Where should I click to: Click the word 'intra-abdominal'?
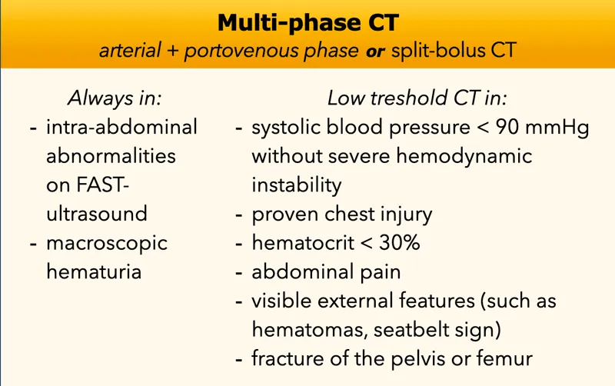pyautogui.click(x=121, y=128)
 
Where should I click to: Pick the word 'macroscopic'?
pyautogui.click(x=106, y=244)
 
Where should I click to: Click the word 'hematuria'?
pyautogui.click(x=94, y=272)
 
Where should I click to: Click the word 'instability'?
pyautogui.click(x=296, y=185)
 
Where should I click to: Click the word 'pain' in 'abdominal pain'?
pyautogui.click(x=382, y=272)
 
